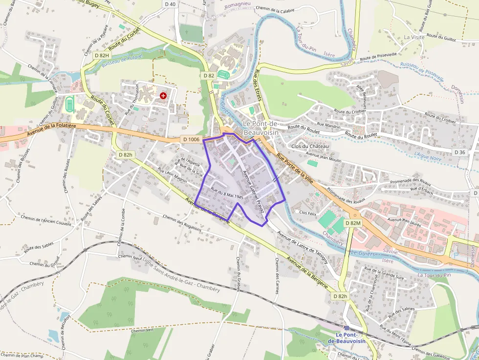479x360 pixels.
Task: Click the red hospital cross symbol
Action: coord(163,96)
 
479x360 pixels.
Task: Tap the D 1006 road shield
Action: coord(191,139)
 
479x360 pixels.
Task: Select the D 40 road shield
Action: coord(170,4)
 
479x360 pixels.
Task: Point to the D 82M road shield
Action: coord(352,223)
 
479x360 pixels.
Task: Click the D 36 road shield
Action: coord(459,152)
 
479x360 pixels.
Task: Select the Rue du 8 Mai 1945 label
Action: coord(227,193)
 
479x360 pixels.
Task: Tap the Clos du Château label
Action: coord(310,147)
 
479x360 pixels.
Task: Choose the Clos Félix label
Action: coord(308,212)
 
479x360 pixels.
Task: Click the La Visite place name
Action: coord(414,37)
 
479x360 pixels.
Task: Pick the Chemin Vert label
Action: coord(142,330)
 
